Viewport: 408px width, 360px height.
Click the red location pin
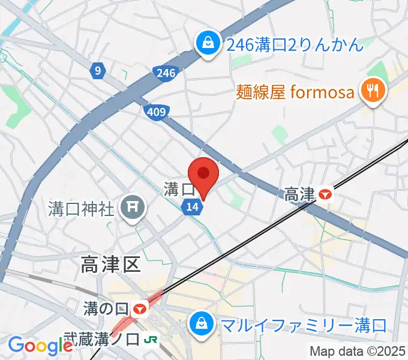point(204,174)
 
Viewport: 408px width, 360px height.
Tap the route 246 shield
point(167,73)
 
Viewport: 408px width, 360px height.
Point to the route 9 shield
point(98,71)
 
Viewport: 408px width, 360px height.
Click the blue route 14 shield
point(192,206)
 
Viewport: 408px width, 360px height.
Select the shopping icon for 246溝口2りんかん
point(207,44)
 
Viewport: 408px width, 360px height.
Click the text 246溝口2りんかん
point(294,44)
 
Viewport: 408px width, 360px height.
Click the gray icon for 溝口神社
point(132,209)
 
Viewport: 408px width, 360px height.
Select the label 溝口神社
point(81,209)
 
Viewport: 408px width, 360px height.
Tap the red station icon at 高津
point(325,194)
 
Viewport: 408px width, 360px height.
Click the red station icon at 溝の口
point(140,310)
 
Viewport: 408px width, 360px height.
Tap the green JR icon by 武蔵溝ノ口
point(152,340)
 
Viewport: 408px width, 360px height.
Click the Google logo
point(40,346)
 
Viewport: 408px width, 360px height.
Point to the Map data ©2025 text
point(358,351)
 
